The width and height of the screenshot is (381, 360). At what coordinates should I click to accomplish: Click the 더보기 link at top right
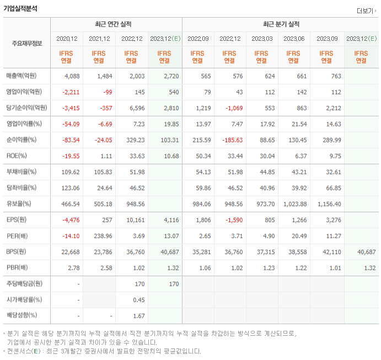tap(366, 10)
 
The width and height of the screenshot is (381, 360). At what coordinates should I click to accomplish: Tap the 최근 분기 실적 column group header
tap(280, 25)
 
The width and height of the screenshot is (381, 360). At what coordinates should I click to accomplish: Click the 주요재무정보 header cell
tap(26, 44)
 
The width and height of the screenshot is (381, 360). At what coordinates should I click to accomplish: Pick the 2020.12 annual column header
tap(66, 39)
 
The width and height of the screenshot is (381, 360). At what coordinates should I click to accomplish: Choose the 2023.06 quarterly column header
tap(294, 39)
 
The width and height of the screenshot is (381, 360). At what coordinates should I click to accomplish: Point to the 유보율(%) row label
tap(19, 204)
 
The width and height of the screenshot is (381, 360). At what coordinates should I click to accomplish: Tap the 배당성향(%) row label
tap(22, 316)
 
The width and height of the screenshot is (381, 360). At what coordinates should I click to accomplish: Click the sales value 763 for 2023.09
tap(335, 76)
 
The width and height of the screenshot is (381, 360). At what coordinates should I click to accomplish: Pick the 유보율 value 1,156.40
tap(329, 204)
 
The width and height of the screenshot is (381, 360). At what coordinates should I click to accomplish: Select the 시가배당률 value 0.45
tap(137, 300)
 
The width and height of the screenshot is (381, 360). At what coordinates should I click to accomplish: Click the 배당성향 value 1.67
tap(137, 316)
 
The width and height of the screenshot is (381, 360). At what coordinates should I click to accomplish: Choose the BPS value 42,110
tap(331, 252)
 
